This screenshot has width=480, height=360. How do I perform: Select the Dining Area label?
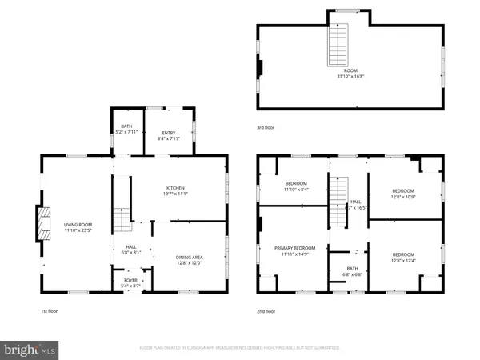(190, 257)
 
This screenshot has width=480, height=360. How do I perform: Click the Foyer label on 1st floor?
(124, 280)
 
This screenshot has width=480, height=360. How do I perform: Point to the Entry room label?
(169, 134)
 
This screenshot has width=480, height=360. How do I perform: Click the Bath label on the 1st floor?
(126, 126)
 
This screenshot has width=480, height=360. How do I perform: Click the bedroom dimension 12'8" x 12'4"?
(402, 259)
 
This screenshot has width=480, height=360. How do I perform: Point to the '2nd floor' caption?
(267, 311)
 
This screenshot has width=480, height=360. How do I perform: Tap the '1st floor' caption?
(49, 311)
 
